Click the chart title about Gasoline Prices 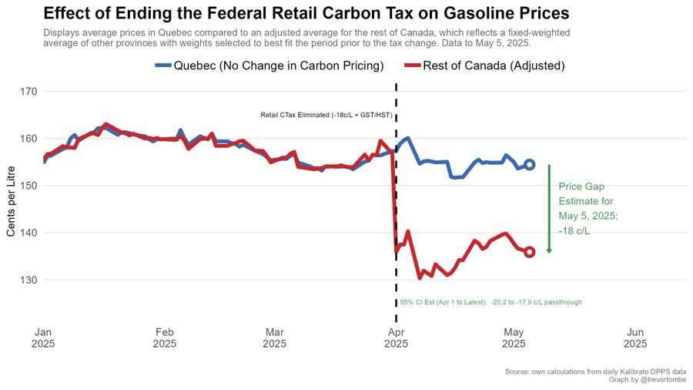[306, 13]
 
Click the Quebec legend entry [269, 66]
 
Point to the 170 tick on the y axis [28, 92]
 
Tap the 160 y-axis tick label [28, 139]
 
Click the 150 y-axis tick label [28, 186]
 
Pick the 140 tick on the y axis [28, 233]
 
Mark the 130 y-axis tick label [28, 280]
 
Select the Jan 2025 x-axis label [44, 338]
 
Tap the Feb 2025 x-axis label [165, 338]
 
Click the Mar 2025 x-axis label [275, 338]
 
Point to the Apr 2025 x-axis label [396, 338]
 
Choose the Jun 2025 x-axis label [634, 338]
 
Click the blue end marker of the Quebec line [530, 165]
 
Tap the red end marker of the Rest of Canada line [530, 252]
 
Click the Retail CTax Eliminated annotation [326, 116]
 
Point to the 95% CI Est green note [490, 303]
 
